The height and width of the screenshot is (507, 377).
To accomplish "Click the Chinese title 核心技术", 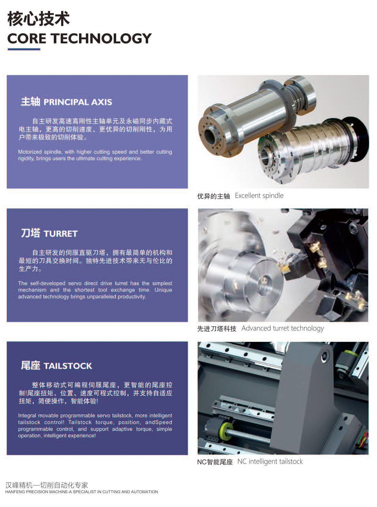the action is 38,19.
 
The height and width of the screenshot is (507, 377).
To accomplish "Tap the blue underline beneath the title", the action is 24,49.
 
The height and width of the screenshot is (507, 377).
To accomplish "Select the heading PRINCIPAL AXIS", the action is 78,102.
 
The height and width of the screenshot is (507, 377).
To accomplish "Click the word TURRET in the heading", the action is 60,234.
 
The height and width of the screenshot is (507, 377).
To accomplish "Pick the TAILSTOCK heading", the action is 68,366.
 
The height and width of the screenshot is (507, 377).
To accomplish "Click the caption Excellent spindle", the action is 259,196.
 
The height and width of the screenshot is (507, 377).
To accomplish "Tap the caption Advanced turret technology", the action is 282,328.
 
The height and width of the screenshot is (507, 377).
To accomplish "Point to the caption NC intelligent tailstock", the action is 270,461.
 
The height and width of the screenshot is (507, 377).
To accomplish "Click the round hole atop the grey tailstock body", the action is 325,356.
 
